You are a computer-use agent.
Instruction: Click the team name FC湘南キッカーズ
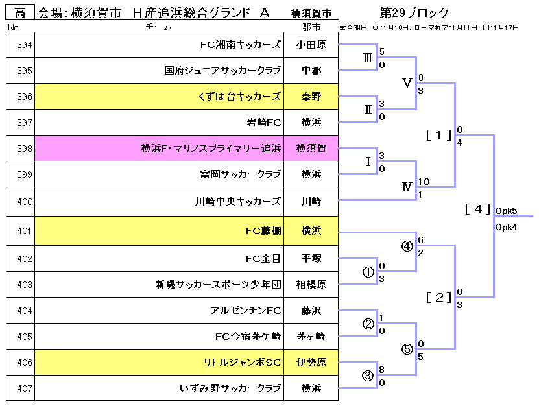[241, 45]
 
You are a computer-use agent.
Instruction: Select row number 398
[20, 149]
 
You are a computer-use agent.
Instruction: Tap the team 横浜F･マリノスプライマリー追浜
[211, 149]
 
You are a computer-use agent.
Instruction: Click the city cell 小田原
[311, 45]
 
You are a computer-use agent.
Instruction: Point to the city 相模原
[311, 285]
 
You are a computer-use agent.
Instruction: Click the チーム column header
[159, 27]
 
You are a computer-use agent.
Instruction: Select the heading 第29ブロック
[414, 12]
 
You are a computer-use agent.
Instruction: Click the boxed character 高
[20, 12]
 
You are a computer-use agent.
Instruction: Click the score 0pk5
[506, 211]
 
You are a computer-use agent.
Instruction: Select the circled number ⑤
[407, 349]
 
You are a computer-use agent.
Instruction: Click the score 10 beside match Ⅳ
[424, 182]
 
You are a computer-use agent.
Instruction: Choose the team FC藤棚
[263, 230]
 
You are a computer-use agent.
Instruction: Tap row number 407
[20, 388]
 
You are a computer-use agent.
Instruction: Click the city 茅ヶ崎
[311, 337]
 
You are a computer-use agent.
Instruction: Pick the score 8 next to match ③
[382, 370]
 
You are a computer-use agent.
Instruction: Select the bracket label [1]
[438, 135]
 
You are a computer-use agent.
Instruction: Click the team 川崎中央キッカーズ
[238, 200]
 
